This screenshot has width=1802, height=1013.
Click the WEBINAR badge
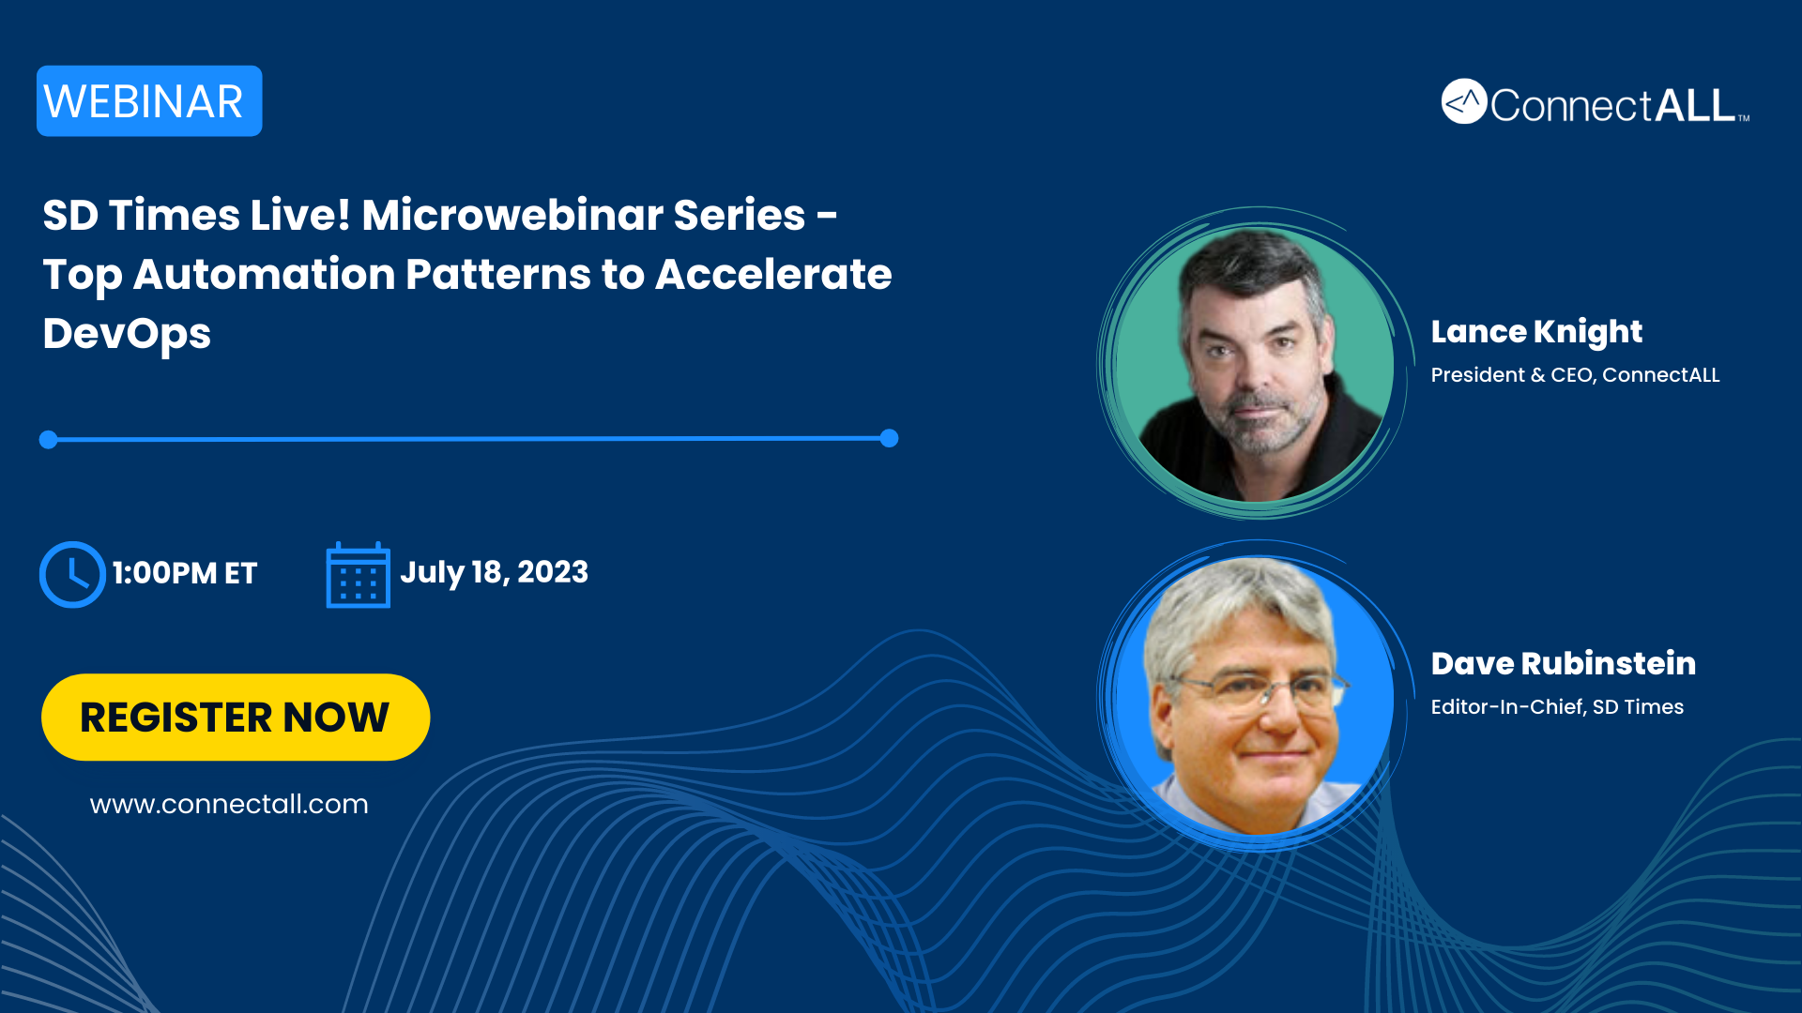tap(149, 101)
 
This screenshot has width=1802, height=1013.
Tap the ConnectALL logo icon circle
tap(1464, 101)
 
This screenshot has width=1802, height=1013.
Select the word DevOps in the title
tap(127, 335)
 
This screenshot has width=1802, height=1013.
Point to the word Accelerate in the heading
tap(773, 274)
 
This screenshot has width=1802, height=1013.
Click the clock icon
tap(71, 574)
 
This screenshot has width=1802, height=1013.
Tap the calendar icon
tap(358, 575)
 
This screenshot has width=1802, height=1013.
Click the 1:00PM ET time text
tap(185, 573)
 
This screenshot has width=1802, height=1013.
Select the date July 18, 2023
tap(495, 573)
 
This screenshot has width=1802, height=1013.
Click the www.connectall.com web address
tap(229, 805)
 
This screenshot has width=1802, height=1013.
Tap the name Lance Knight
tap(1536, 332)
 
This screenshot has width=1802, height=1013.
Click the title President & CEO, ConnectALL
tap(1575, 375)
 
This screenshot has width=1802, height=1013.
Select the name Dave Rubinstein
tap(1564, 664)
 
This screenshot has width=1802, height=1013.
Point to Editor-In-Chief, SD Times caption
tap(1557, 707)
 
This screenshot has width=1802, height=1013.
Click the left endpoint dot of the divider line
tap(49, 439)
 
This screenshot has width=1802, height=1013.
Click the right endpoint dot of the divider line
tap(890, 438)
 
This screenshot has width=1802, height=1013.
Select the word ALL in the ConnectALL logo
tap(1695, 105)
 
